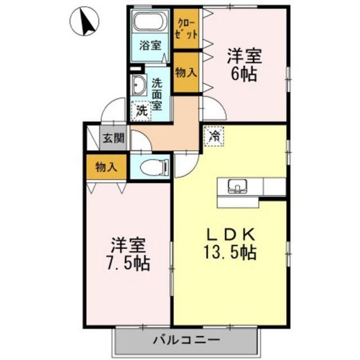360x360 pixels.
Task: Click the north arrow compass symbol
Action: (84, 21)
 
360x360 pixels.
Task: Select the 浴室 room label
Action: (150, 45)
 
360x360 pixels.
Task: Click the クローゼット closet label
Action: (186, 29)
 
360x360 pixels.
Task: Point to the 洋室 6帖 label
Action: (244, 65)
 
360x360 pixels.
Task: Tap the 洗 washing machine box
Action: (141, 111)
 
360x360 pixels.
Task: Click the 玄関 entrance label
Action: (114, 138)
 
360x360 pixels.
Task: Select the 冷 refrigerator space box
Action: (214, 136)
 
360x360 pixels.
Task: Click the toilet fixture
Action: (154, 166)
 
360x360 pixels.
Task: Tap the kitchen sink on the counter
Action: (237, 186)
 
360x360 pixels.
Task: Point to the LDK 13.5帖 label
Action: (230, 244)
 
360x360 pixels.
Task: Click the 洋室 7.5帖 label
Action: (128, 254)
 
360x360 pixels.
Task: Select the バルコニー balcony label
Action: (187, 340)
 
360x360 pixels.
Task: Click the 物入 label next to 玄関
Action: (106, 167)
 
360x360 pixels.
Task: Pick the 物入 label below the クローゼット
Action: (186, 73)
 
